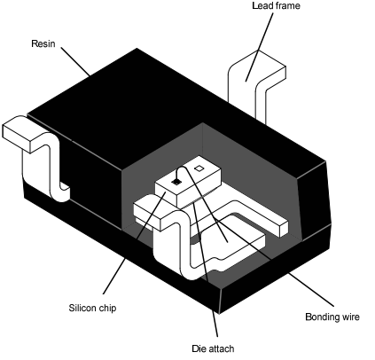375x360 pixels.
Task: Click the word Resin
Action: tap(43, 43)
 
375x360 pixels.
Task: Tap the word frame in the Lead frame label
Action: tap(287, 5)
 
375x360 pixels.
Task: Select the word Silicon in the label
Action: tap(82, 308)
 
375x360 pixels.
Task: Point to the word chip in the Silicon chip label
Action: tap(107, 309)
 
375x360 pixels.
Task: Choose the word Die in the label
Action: tap(198, 348)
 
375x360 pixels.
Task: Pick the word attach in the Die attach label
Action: tap(221, 348)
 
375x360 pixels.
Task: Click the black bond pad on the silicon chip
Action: tap(176, 182)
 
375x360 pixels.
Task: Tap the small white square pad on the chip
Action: tap(199, 168)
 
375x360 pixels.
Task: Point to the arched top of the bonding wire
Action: tap(183, 168)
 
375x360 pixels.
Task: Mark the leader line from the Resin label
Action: tap(75, 61)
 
